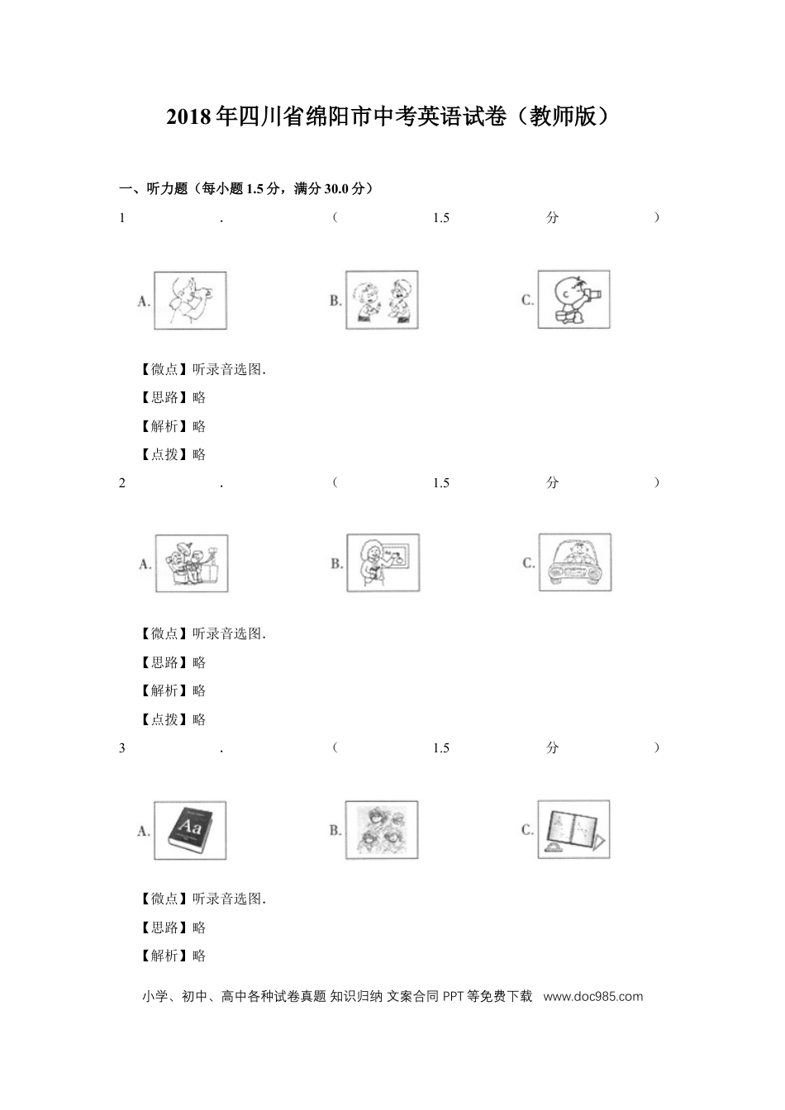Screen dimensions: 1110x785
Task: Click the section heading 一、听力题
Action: (245, 189)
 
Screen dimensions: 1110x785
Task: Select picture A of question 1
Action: (190, 301)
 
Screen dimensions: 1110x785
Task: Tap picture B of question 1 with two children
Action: (382, 300)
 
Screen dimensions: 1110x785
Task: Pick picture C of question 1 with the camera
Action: (573, 298)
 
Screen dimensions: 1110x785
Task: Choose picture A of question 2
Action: (191, 563)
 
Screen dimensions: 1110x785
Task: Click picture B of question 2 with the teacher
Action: (383, 562)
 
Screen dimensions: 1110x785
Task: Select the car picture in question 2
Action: (574, 561)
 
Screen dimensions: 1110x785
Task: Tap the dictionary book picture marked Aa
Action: (190, 829)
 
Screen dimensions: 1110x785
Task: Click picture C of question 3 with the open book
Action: (573, 828)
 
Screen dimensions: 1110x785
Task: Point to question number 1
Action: (122, 218)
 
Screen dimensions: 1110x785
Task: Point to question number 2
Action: (122, 483)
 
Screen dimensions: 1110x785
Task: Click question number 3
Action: (122, 748)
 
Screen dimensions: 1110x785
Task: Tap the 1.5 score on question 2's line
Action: (440, 483)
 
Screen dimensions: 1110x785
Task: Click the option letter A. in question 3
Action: (144, 831)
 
